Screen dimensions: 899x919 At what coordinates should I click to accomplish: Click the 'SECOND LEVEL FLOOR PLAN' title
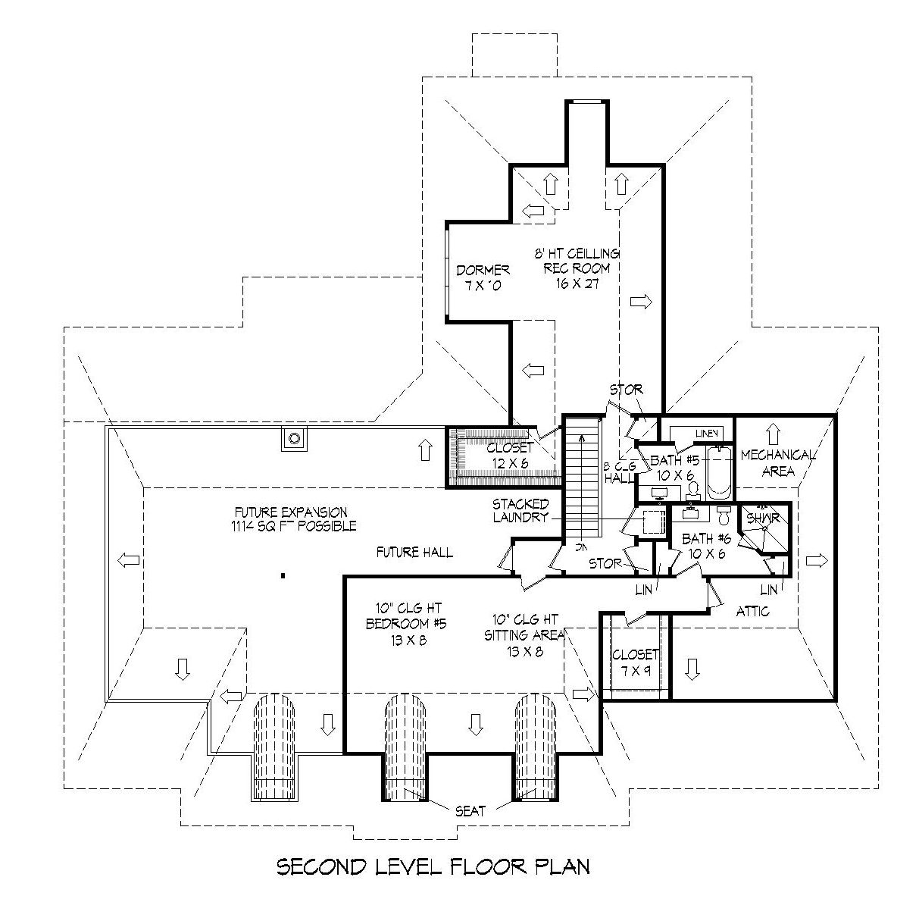[x=433, y=866]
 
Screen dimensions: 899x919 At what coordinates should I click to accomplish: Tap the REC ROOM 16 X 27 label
[x=581, y=268]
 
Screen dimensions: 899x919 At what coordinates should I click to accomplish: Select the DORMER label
[x=483, y=270]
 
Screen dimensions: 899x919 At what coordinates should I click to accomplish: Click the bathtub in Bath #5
[x=718, y=473]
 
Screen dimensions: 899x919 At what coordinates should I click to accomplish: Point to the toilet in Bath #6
[x=724, y=515]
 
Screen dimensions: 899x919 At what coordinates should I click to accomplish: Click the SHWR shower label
[x=762, y=518]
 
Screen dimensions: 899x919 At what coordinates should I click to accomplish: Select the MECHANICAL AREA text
[x=777, y=463]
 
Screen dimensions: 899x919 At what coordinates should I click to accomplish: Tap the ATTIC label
[x=752, y=610]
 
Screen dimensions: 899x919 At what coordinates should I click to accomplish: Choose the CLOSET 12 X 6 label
[x=509, y=455]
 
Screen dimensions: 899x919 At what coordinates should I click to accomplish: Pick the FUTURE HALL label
[x=414, y=552]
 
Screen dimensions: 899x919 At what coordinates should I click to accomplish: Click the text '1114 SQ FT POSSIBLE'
[x=295, y=525]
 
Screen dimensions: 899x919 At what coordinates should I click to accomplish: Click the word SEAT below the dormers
[x=470, y=810]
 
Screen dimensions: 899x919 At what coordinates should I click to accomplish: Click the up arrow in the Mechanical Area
[x=772, y=434]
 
